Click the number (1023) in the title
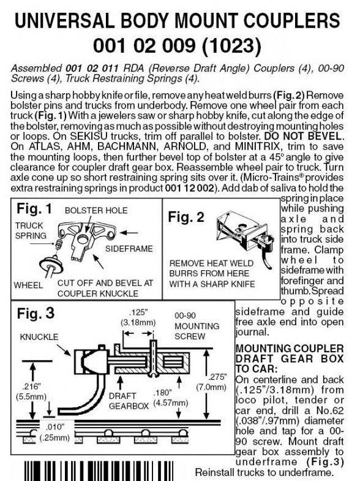point(231,46)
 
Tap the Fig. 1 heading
point(34,208)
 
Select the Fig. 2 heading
point(186,217)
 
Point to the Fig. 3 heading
point(36,313)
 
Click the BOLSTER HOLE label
point(96,210)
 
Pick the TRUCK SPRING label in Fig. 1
point(31,230)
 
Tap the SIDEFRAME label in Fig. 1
point(129,249)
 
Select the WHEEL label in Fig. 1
point(28,286)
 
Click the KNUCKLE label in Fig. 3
point(39,337)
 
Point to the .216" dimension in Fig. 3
point(32,391)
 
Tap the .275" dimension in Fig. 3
point(211,382)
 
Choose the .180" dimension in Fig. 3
point(171,398)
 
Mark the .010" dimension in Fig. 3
point(55,432)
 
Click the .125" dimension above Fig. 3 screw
point(138,317)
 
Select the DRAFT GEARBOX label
point(129,401)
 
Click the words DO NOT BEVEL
point(302,136)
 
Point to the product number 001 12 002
point(189,187)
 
